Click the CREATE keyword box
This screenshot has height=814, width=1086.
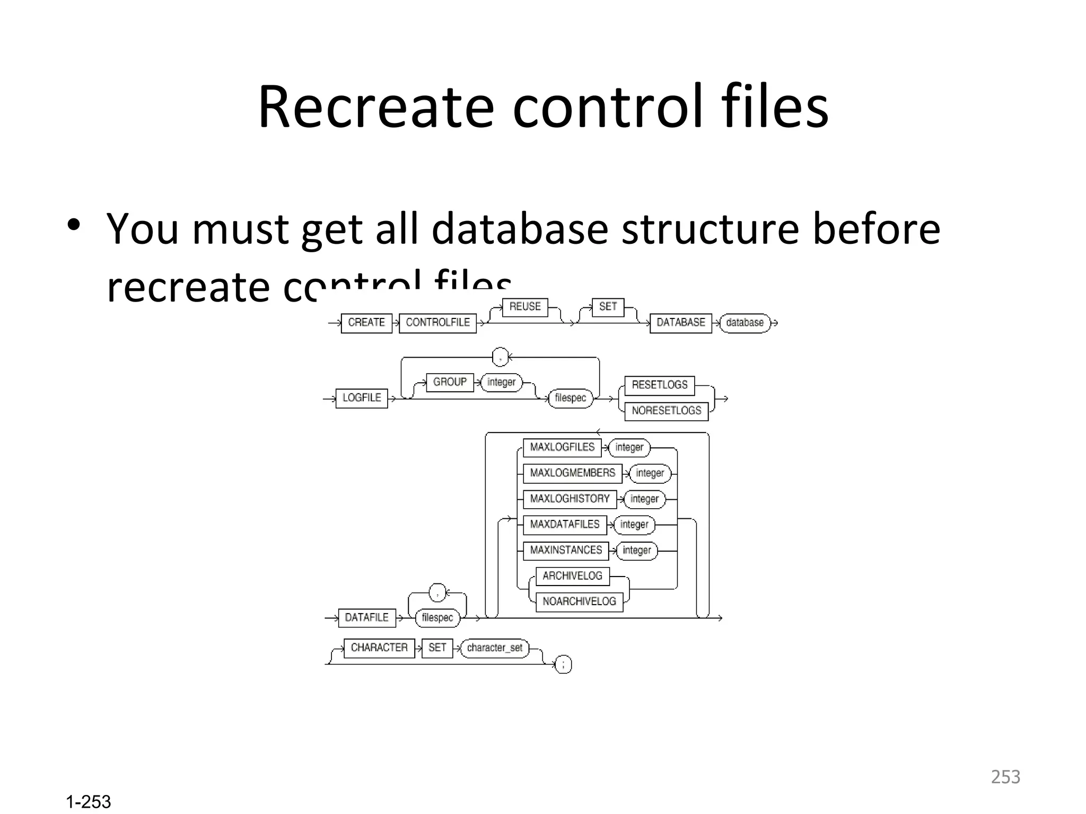tap(366, 323)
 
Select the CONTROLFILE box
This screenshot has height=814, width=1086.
tap(437, 323)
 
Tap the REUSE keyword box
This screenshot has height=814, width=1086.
tap(525, 307)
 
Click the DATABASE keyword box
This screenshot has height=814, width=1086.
tap(681, 323)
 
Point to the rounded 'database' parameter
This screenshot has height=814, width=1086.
tap(745, 323)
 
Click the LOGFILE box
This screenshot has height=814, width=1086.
tap(362, 398)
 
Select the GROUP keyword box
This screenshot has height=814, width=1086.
tap(450, 382)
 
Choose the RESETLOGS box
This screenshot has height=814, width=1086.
tap(659, 385)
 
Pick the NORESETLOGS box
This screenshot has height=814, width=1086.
tap(666, 411)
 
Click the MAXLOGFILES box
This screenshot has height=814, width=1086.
tap(562, 447)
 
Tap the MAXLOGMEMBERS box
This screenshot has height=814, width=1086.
tap(572, 473)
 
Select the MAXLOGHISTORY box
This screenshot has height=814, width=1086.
tap(570, 499)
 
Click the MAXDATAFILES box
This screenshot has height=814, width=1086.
tap(564, 525)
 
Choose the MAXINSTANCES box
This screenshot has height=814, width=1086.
tap(566, 550)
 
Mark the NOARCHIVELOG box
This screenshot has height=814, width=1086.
tap(579, 601)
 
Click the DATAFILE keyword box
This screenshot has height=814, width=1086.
tap(366, 618)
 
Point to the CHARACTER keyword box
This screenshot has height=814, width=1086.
tap(379, 648)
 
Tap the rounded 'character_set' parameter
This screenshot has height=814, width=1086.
tap(494, 648)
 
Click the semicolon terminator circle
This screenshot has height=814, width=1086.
tap(563, 665)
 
